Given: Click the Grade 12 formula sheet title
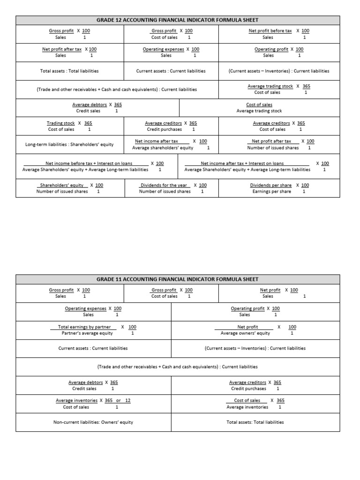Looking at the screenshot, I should [177, 20].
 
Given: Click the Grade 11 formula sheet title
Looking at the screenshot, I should [177, 279].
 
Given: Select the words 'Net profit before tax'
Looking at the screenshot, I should [270, 31].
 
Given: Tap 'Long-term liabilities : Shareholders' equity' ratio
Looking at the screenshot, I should [69, 144].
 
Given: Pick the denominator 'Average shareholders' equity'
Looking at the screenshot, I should [163, 148].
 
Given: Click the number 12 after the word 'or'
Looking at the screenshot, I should [128, 401].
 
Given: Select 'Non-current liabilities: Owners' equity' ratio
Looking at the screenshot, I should [93, 422].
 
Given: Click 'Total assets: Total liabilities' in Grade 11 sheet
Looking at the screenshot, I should [255, 422].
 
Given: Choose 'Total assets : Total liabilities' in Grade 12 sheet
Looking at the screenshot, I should [69, 71].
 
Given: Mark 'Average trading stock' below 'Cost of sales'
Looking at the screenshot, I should [259, 111].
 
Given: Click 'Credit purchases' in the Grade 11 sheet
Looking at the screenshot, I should [248, 389].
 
